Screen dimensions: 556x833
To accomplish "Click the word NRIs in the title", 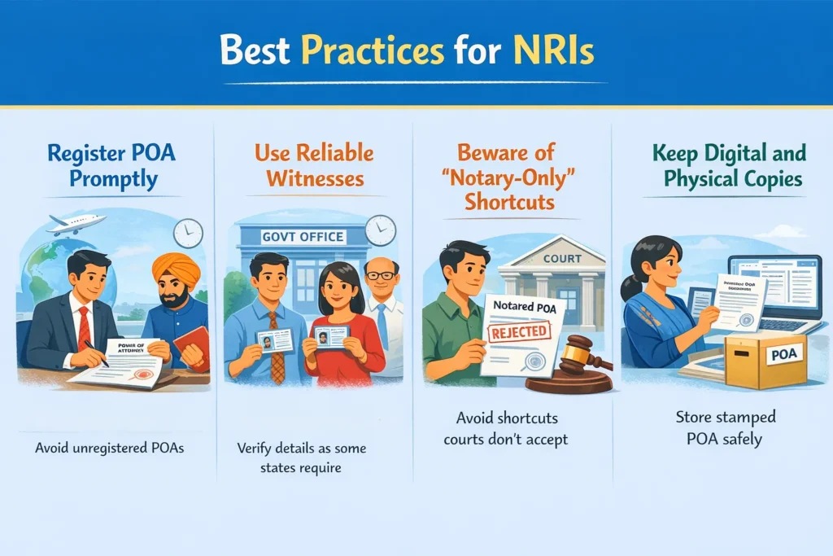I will click(x=553, y=50).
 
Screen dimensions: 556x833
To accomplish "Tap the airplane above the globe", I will click(x=76, y=223).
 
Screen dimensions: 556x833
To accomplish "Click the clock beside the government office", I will click(x=380, y=230).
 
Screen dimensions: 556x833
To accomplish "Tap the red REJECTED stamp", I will click(x=515, y=333).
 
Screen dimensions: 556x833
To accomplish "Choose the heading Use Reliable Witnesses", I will click(x=313, y=165).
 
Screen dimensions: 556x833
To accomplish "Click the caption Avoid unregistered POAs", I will click(x=109, y=448).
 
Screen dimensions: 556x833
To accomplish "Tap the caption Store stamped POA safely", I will click(x=726, y=428).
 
